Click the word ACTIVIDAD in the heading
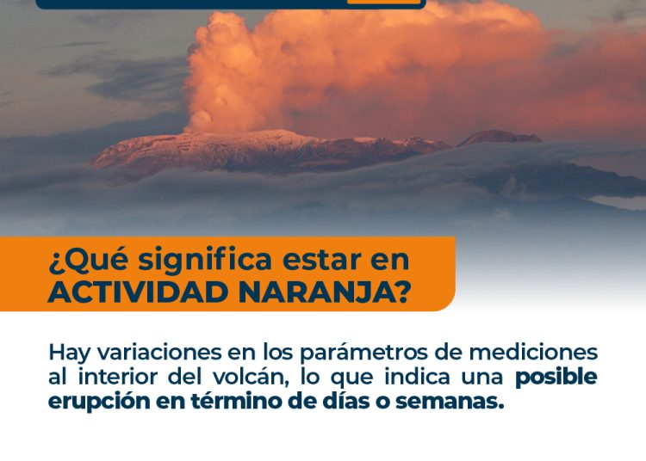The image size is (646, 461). point(139,292)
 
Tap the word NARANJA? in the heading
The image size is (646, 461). point(325,292)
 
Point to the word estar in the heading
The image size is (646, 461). point(320,261)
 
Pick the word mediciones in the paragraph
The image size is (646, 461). point(533,353)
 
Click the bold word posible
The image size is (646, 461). point(556,378)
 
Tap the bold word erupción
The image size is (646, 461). point(99,402)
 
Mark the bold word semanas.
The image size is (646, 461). point(450,402)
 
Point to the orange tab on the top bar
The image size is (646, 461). point(383,2)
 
